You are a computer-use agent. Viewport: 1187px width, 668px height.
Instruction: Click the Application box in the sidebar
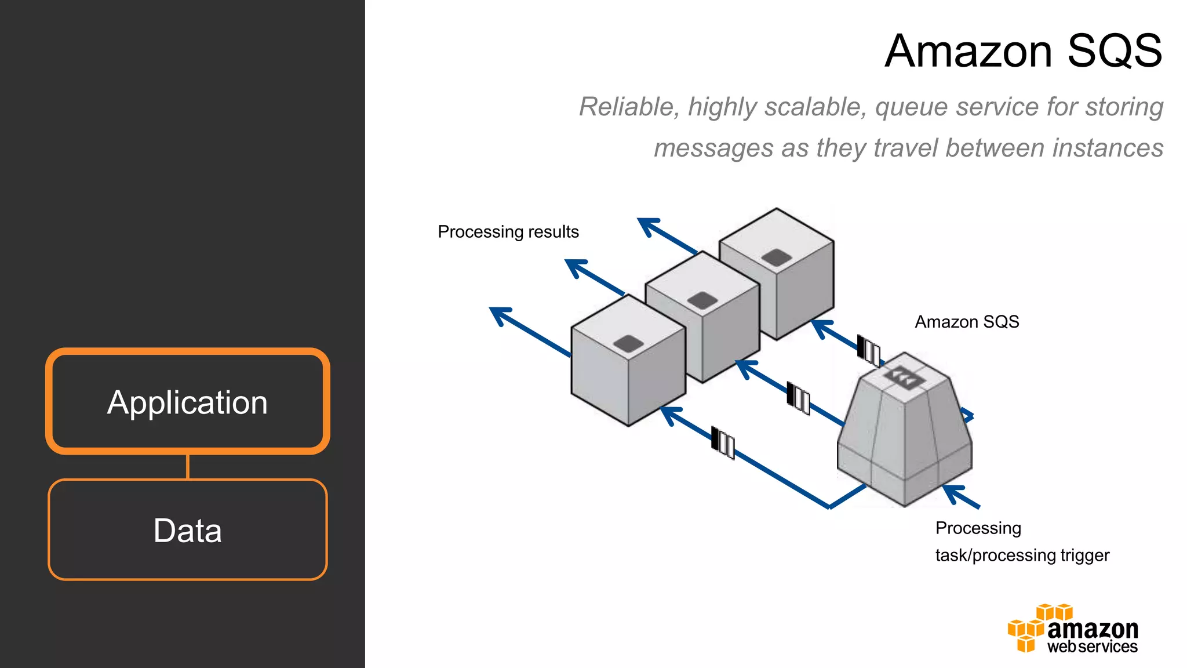point(187,402)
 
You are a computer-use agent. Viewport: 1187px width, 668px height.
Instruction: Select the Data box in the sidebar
point(187,530)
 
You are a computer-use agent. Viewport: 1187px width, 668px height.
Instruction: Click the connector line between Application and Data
point(188,467)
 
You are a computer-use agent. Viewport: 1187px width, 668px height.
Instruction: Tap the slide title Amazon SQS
point(1023,51)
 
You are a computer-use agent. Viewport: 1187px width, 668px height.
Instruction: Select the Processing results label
point(508,232)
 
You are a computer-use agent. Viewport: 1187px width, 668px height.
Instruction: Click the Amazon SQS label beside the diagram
point(966,322)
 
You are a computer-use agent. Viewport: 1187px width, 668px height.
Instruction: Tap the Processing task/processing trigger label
point(1021,542)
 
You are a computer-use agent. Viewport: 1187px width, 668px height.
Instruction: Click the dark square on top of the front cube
point(628,343)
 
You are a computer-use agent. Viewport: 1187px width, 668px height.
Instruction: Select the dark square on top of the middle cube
point(702,300)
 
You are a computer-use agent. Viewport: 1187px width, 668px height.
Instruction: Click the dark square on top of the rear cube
point(777,257)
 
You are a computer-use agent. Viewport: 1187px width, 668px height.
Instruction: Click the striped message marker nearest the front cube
point(723,443)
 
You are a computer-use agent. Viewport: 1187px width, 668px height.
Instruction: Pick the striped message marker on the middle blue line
point(798,398)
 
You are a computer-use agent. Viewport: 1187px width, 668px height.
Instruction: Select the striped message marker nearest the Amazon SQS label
point(868,350)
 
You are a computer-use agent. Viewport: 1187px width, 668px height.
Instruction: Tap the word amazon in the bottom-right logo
point(1093,629)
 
